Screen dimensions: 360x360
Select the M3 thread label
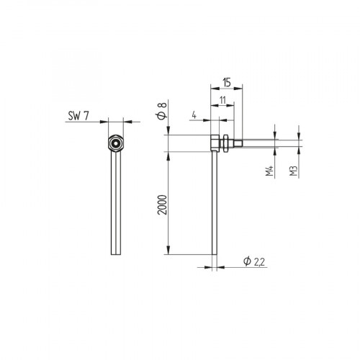coord(294,171)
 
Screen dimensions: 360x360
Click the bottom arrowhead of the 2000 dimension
coord(168,251)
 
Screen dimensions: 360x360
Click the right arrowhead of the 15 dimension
coord(240,87)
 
